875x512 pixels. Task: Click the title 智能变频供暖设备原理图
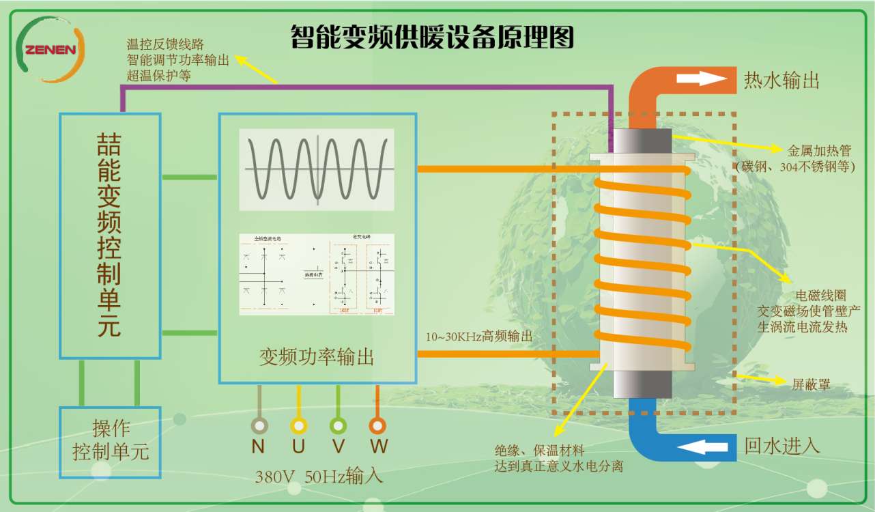click(431, 36)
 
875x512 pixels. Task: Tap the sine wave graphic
click(317, 169)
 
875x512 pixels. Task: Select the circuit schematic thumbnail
click(317, 274)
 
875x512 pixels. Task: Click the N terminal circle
click(259, 425)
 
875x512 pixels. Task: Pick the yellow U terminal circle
click(298, 425)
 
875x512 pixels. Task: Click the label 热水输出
click(781, 81)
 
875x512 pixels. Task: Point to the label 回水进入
click(781, 446)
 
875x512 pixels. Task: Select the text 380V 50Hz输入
click(319, 476)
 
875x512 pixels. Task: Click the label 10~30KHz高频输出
click(479, 337)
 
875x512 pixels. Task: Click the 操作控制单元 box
click(111, 441)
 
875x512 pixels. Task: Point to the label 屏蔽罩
click(812, 384)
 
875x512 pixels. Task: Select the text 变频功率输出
click(317, 356)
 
